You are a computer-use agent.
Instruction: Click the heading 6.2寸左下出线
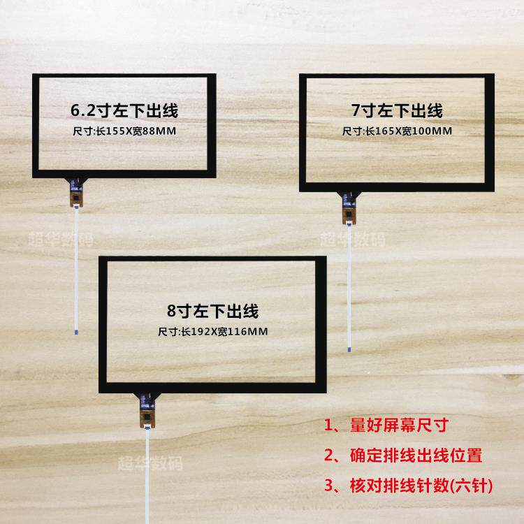(x=121, y=110)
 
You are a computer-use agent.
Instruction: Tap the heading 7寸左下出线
(x=397, y=110)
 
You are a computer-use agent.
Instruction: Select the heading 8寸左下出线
(x=213, y=310)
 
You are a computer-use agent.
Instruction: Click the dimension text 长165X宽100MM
(x=407, y=131)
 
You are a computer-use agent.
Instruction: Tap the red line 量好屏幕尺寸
(x=398, y=426)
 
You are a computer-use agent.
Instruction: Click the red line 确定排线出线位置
(x=415, y=456)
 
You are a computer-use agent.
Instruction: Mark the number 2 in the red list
(x=328, y=456)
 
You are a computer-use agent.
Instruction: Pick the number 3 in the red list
(x=328, y=486)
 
